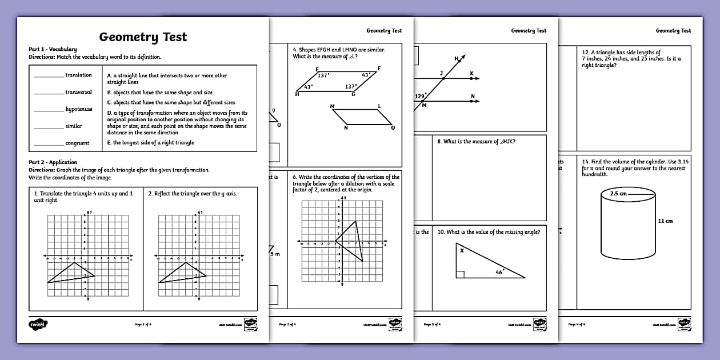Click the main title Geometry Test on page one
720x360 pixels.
click(x=143, y=37)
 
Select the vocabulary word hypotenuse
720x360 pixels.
click(x=79, y=109)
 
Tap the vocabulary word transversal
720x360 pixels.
click(x=78, y=92)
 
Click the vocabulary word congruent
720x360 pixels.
click(x=77, y=143)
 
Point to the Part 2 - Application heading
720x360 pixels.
click(x=53, y=162)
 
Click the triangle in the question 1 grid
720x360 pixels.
click(x=72, y=273)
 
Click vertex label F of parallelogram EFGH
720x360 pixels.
click(x=379, y=69)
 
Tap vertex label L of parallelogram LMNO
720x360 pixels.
click(x=379, y=106)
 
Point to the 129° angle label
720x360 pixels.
click(x=420, y=97)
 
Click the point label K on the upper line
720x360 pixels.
click(x=471, y=73)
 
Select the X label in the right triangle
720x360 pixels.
click(x=461, y=250)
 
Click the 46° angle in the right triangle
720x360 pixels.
click(x=499, y=273)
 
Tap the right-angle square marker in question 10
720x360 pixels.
click(x=459, y=275)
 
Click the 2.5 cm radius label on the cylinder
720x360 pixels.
click(x=618, y=194)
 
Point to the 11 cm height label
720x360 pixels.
click(x=665, y=221)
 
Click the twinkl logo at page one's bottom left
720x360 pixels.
click(x=38, y=324)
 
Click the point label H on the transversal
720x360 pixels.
click(x=457, y=58)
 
